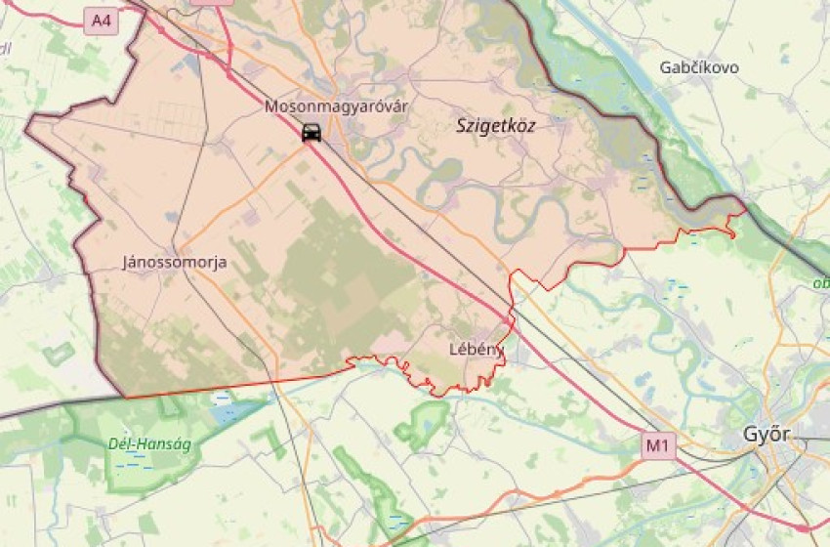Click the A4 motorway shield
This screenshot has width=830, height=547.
101,20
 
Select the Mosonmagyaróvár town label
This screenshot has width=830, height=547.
322,106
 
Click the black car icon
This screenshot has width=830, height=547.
311,133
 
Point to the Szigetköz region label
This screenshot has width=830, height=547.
496,125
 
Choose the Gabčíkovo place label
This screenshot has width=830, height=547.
699,67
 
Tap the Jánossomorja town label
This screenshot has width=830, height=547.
175,262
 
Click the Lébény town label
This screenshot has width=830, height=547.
476,349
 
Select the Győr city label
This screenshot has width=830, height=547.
767,434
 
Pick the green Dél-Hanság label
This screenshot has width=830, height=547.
149,444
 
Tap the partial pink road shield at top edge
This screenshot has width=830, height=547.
212,2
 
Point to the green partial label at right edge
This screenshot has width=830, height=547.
820,283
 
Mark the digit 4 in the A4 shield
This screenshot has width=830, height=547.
105,20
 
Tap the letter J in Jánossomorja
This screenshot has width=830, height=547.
126,262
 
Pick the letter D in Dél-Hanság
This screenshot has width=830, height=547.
113,444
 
